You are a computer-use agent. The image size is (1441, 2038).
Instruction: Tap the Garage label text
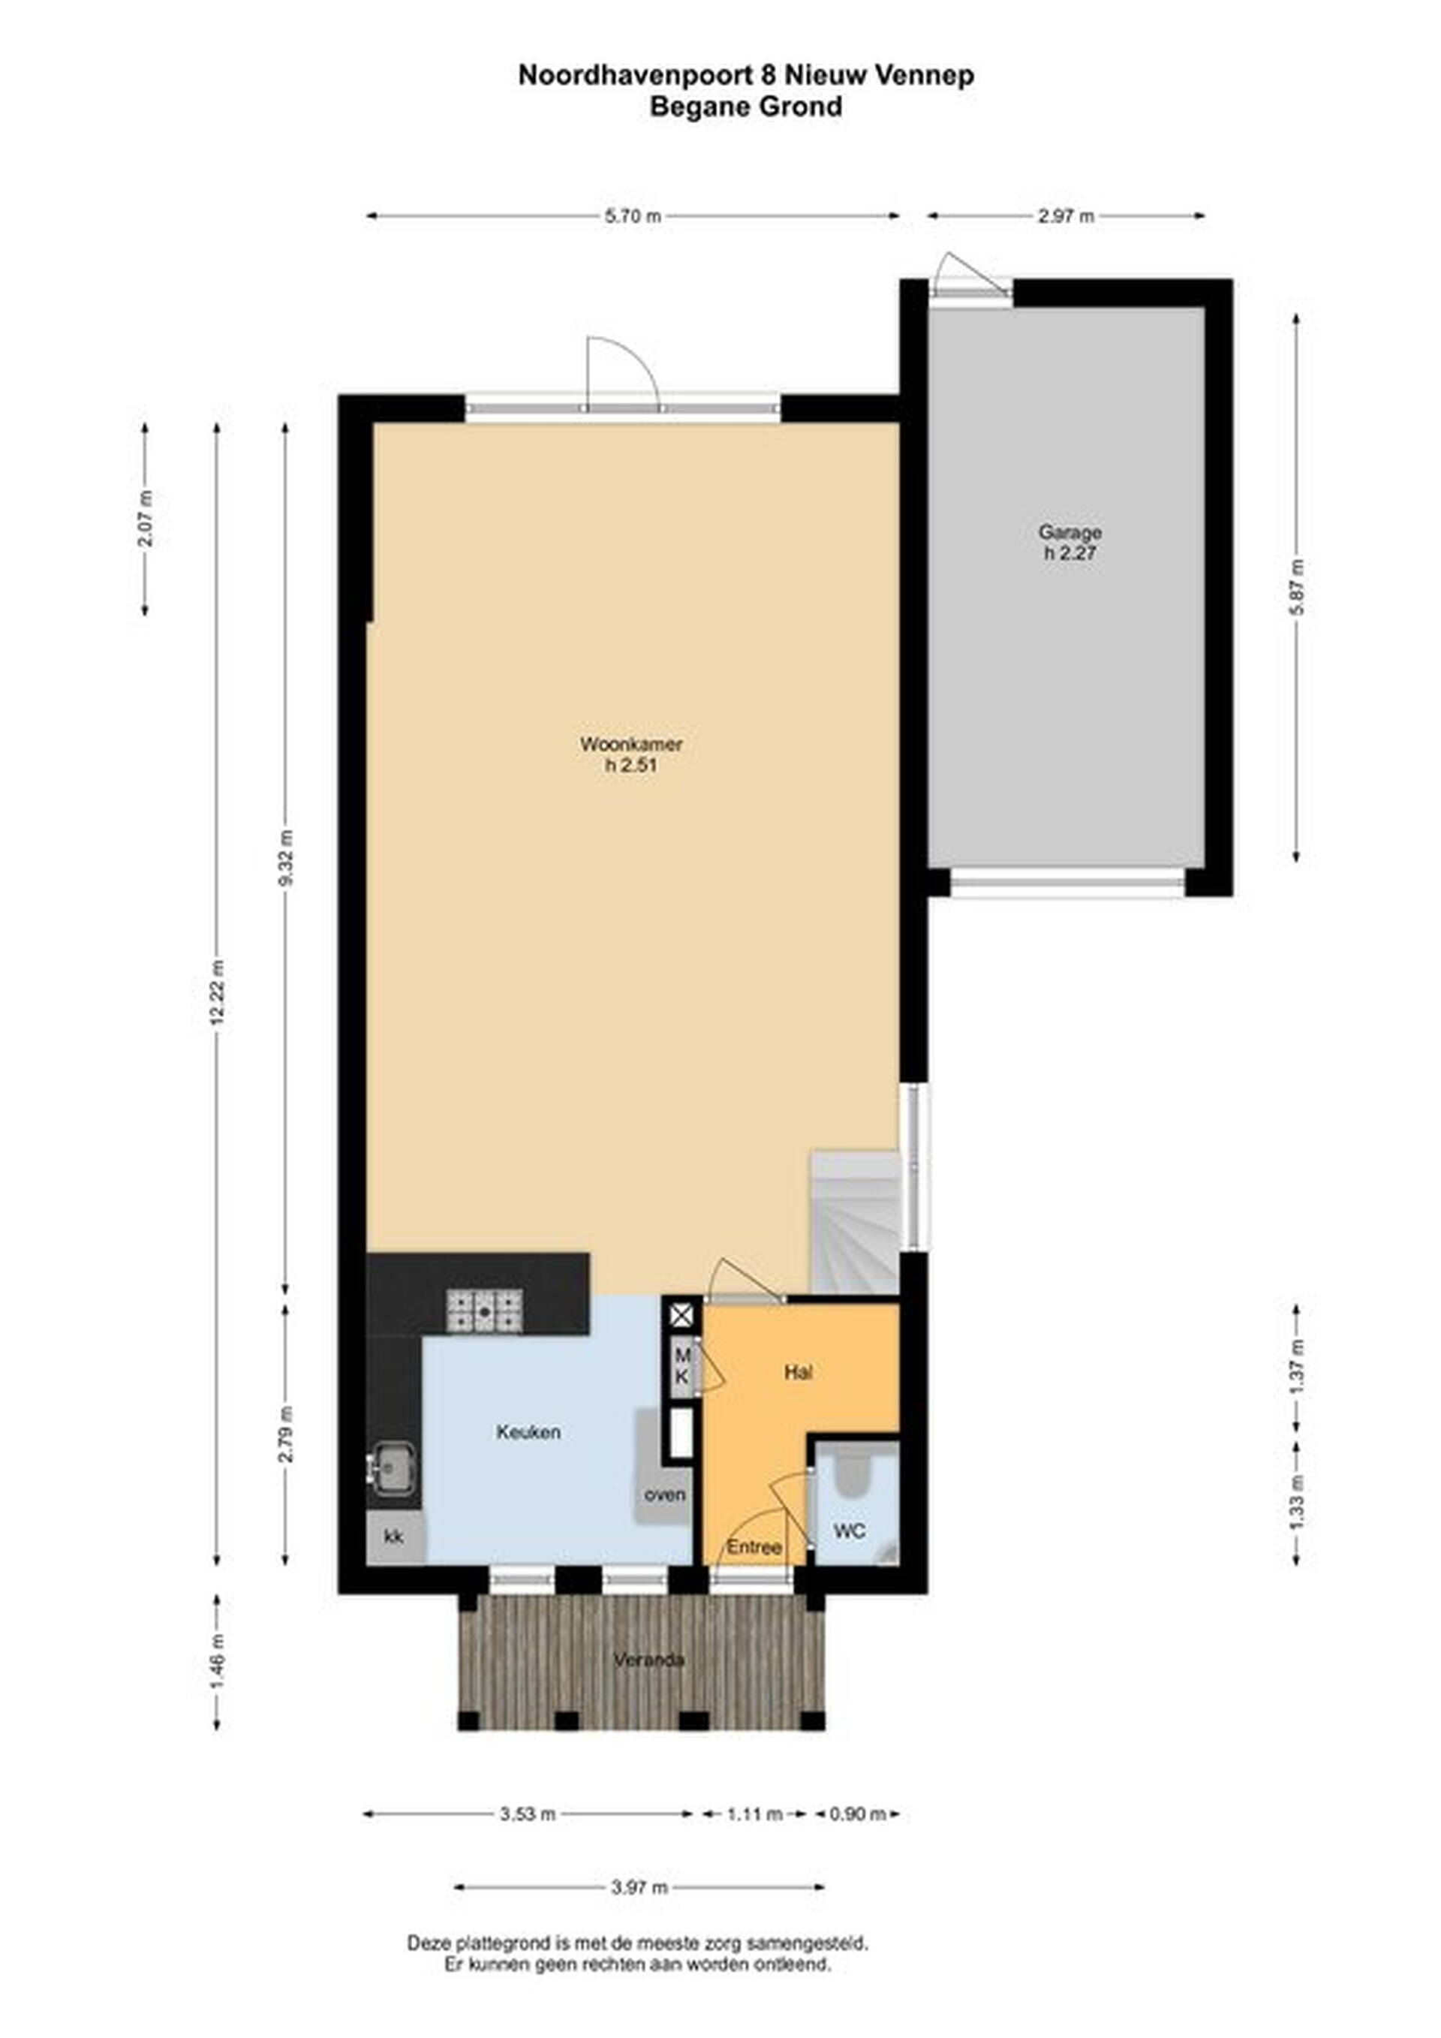(1070, 532)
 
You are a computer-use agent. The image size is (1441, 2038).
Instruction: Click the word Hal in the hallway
(798, 1372)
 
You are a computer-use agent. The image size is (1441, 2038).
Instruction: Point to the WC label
(849, 1531)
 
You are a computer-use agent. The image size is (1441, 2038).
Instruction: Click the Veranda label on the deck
(648, 1660)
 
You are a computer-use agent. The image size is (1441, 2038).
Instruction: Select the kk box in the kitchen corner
(394, 1537)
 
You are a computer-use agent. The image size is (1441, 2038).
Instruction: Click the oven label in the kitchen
(665, 1495)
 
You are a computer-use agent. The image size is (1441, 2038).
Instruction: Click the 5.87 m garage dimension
(1297, 588)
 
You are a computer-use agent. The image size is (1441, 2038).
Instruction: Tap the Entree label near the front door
(754, 1547)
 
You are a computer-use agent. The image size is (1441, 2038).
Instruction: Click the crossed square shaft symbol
(681, 1314)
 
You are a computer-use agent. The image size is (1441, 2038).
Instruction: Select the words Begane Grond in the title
(746, 107)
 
